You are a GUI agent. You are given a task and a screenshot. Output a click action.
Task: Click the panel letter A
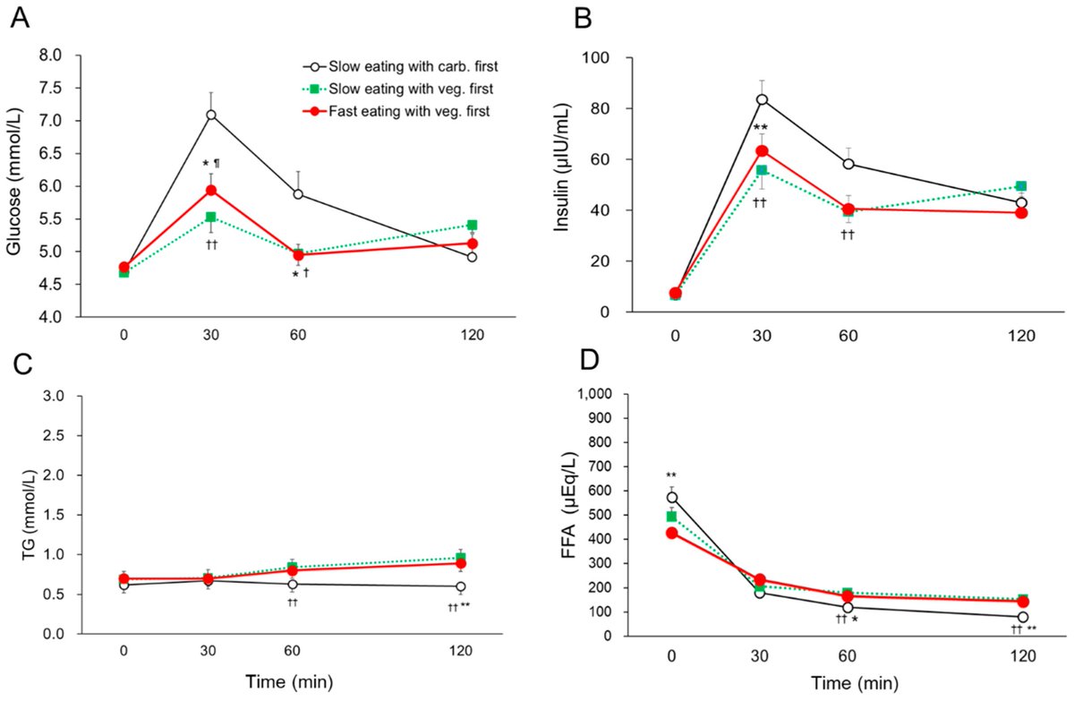[21, 17]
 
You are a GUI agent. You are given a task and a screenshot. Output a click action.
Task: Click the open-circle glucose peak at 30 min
[211, 115]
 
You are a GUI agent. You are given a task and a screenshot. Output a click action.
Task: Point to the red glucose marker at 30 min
[211, 190]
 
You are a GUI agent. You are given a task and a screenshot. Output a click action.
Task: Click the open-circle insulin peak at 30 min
[762, 99]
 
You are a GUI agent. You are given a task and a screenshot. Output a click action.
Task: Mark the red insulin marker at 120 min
[1021, 213]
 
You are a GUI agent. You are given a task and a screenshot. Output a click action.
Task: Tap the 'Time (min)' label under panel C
[290, 682]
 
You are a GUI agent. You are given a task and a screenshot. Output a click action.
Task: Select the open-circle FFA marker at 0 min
[671, 498]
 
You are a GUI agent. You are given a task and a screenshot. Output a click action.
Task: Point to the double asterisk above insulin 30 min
[762, 128]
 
